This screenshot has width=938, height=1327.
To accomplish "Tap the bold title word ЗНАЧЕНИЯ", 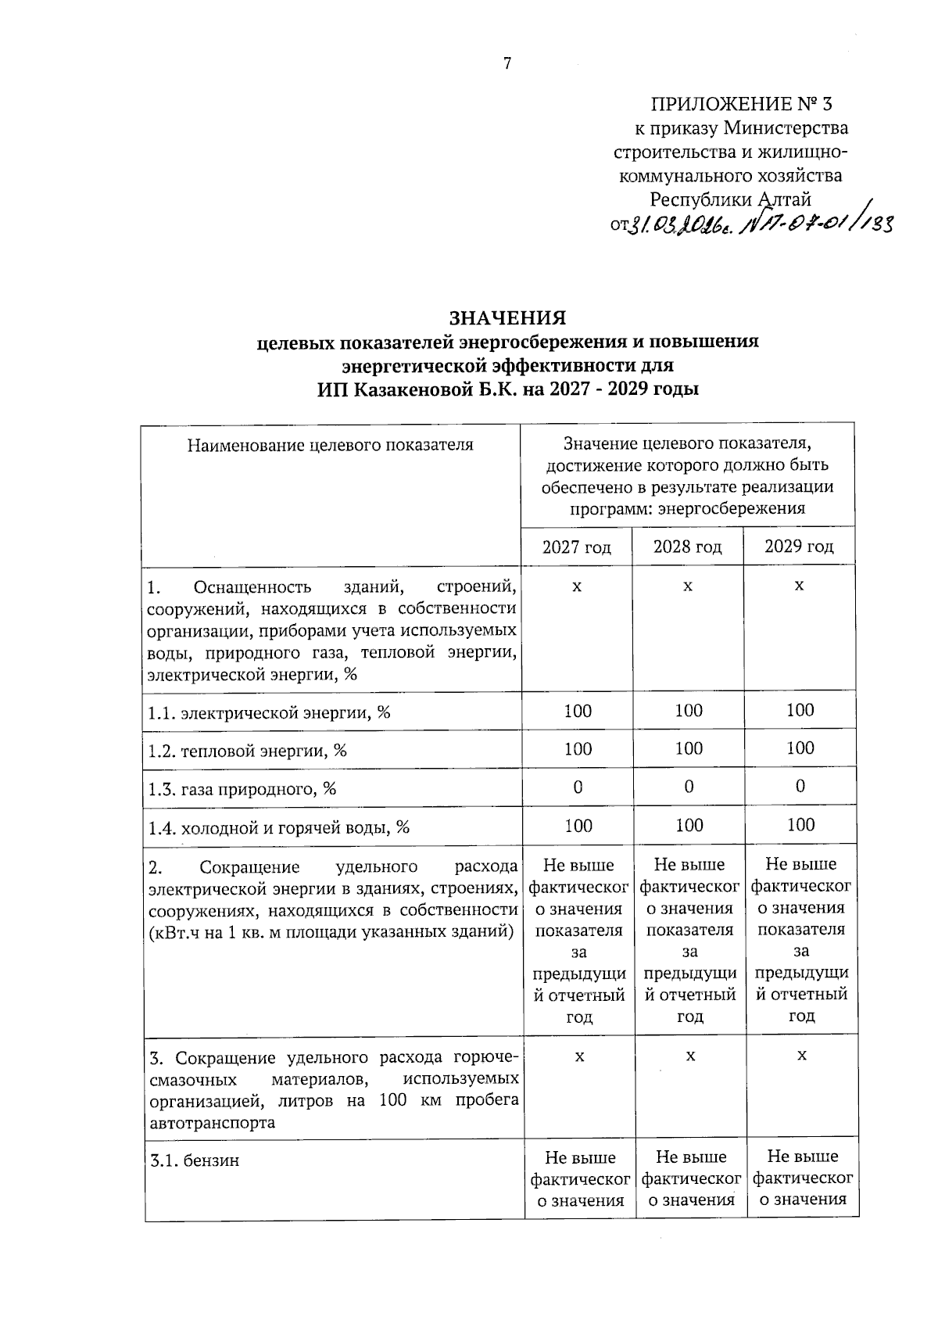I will (x=507, y=318).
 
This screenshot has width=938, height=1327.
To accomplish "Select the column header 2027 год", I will (x=577, y=547).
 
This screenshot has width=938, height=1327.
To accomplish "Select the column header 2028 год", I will (x=688, y=546).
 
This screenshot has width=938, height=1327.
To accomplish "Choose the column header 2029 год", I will (x=799, y=546).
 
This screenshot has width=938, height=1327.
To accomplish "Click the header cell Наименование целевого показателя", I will (x=330, y=445).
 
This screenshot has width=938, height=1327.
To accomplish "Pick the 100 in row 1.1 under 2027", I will (x=578, y=711).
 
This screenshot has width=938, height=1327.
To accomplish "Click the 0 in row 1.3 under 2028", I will (x=689, y=787).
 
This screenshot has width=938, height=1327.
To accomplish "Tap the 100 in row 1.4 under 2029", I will (x=800, y=824).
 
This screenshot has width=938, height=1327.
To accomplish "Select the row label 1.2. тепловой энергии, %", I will (x=248, y=751).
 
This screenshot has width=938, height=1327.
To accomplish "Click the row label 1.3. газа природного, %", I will (x=242, y=789).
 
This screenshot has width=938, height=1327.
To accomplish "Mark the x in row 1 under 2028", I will (x=688, y=586).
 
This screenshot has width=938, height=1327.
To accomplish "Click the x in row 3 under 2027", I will (x=579, y=1056).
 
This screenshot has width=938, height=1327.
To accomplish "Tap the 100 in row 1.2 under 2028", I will (x=689, y=748).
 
